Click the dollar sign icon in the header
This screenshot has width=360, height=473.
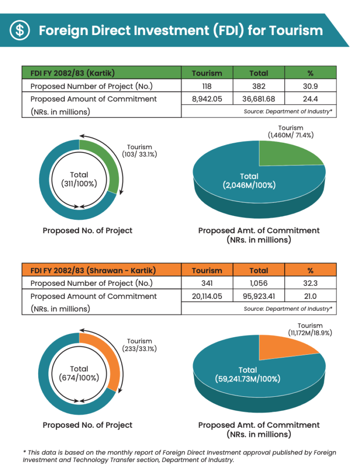coord(20,30)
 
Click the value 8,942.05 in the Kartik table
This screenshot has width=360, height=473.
coord(207,99)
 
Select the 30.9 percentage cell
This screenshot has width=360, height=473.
coord(310,86)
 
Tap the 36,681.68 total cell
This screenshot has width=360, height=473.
coord(258,99)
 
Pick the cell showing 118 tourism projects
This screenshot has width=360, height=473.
coord(207,86)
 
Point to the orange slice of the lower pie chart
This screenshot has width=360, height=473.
coord(286,346)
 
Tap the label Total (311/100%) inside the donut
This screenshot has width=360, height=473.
coord(79,179)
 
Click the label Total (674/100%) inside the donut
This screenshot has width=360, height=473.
coord(79,373)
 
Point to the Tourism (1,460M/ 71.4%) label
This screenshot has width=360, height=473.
coord(291,132)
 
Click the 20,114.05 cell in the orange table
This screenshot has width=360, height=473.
coord(207,297)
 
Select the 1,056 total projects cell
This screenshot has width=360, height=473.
coord(258,284)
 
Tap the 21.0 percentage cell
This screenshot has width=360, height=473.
coord(310,297)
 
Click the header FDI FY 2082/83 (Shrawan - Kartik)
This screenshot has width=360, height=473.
coord(93,270)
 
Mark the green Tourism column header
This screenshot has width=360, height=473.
coord(207,73)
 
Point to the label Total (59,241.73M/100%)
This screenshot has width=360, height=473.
coord(248,375)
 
